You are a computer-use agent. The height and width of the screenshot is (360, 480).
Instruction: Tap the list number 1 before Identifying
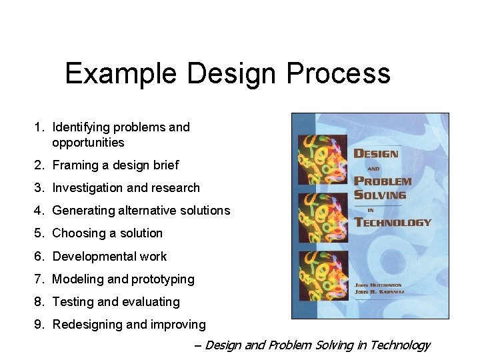coord(39,127)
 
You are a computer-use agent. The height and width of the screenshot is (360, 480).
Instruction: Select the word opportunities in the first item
coord(88,143)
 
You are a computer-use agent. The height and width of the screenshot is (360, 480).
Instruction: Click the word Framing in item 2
coord(75,165)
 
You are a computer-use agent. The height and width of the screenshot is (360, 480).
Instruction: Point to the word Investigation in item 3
coord(87,188)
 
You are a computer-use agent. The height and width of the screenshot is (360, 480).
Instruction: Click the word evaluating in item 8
coord(149,302)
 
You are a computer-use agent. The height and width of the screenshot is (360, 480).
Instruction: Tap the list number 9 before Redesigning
coord(39,325)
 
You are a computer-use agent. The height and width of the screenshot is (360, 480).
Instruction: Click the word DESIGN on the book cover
coord(375,153)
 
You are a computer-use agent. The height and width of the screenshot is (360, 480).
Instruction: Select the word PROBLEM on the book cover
coord(383,181)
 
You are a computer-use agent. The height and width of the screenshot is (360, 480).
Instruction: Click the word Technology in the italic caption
coord(400,345)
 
